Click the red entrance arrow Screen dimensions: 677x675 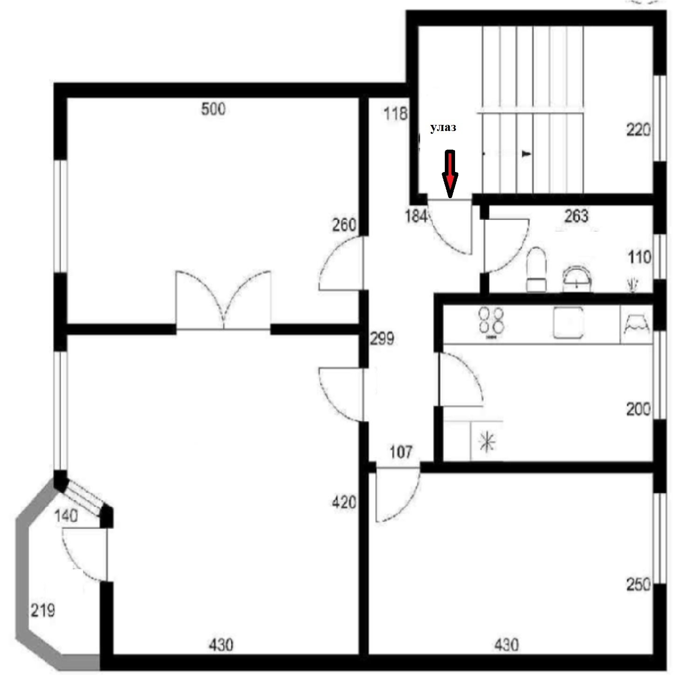click(450, 174)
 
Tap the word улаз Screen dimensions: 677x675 click(443, 128)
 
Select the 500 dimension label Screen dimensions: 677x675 click(213, 109)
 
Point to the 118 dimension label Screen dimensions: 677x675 click(395, 113)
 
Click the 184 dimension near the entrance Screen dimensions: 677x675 click(416, 216)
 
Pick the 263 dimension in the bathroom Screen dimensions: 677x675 click(576, 216)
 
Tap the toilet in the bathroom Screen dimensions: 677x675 click(537, 269)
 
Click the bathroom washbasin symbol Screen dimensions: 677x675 click(578, 279)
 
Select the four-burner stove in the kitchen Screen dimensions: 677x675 click(491, 322)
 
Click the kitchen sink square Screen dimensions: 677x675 click(568, 322)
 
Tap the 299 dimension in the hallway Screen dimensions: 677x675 click(382, 338)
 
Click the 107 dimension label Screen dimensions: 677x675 click(401, 452)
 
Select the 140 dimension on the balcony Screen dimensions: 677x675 click(66, 516)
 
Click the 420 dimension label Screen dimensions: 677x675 click(344, 503)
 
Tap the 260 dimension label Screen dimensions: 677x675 click(344, 225)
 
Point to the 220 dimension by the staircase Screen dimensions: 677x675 click(638, 130)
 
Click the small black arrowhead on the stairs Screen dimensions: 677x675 click(526, 154)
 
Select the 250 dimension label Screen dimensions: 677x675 click(638, 585)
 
